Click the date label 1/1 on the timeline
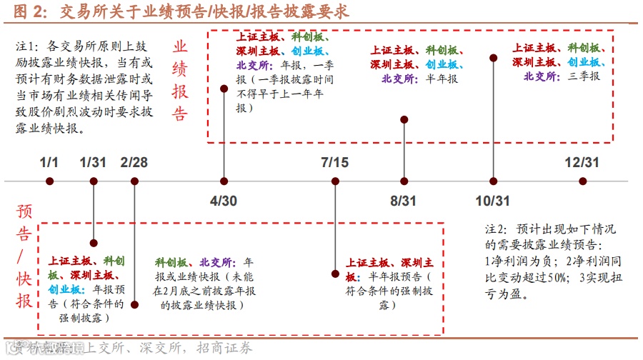49,162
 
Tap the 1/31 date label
93,162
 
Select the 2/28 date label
134,162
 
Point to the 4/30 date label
224,201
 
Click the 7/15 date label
335,162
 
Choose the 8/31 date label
403,201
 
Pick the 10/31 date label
492,201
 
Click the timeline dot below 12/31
582,181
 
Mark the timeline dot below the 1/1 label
49,181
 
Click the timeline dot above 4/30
224,181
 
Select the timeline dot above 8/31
404,181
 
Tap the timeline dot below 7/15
335,181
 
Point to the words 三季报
584,76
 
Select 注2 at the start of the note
496,229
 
